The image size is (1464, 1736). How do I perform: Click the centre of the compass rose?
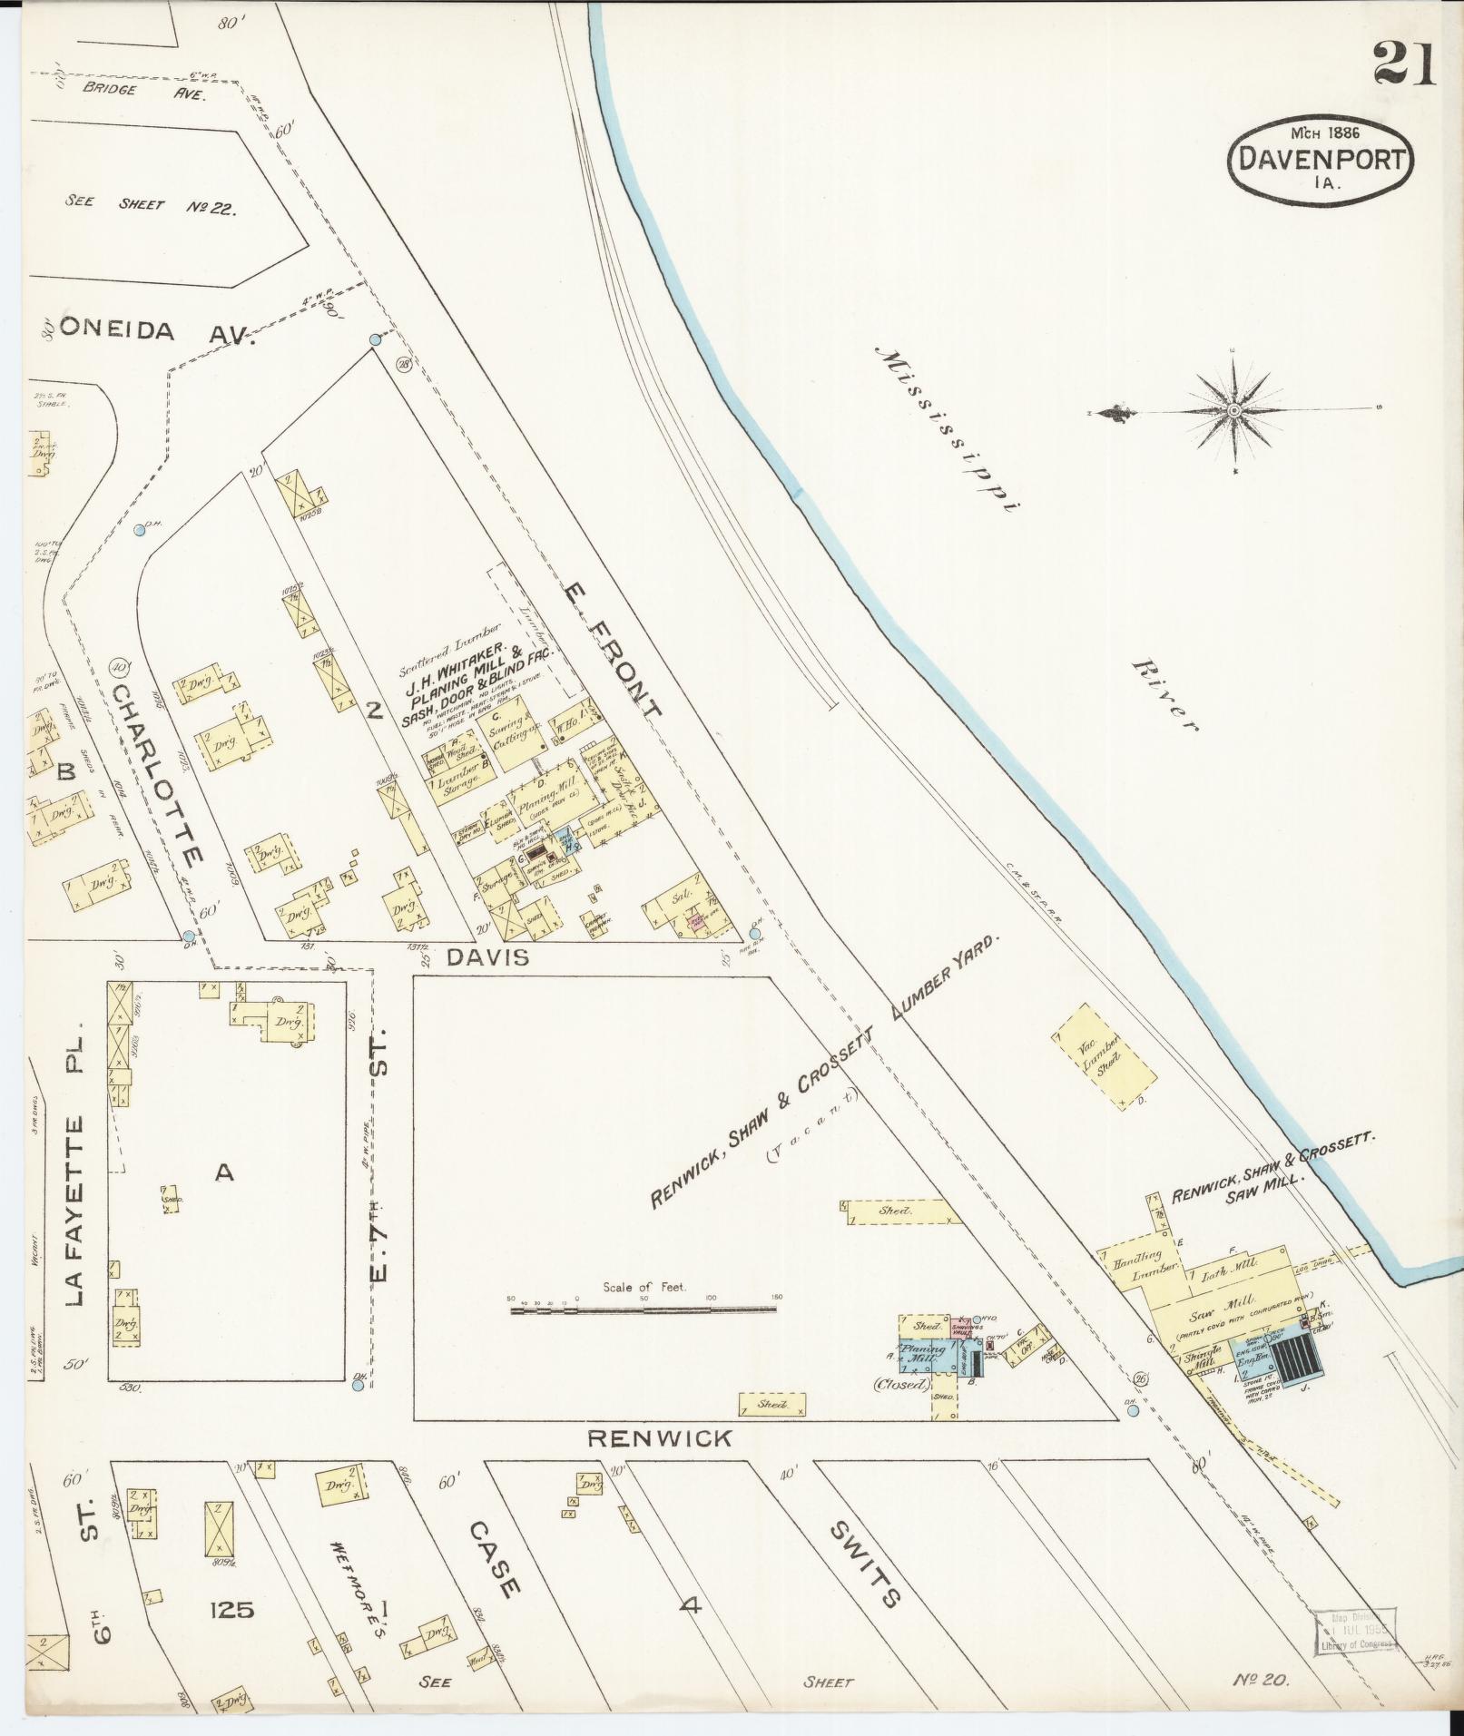1234,412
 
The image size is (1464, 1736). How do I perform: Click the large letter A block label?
224,1173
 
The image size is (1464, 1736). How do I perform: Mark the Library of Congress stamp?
1356,1631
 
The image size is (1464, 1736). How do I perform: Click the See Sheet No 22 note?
151,206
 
